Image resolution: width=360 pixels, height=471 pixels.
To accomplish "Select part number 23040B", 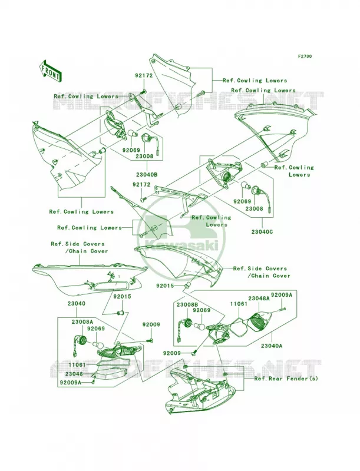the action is coord(147,174).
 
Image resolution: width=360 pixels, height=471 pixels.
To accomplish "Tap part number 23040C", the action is coord(263,232).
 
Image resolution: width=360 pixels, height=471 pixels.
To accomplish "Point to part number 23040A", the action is coord(272,346).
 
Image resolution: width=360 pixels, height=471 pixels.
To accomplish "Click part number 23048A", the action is coord(259,298).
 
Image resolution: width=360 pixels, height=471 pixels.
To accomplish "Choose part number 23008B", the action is coord(187,304).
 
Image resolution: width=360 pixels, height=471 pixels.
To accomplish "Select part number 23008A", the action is coord(82,321).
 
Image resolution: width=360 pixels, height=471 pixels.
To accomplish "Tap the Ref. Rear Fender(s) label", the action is coord(286,379).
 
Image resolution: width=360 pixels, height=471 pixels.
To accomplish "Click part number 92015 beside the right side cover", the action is coord(164,286).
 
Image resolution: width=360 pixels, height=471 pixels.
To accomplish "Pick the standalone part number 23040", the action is coord(77,304).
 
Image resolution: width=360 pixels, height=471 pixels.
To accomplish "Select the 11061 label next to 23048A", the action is coord(239,304).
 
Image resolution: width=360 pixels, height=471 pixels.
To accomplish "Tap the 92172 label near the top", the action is coord(144,76).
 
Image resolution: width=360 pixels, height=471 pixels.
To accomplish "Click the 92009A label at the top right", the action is coord(282,295).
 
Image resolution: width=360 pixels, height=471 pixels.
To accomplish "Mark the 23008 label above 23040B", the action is coord(144,156).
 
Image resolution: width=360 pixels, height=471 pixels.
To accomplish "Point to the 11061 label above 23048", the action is coord(77,364).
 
